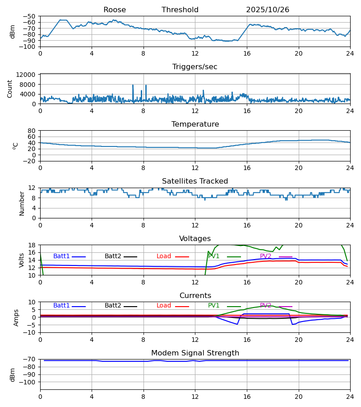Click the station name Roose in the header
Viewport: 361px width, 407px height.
115,10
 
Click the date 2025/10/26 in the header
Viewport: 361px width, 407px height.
268,10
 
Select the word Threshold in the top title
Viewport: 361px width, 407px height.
180,10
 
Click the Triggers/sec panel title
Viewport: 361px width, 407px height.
195,67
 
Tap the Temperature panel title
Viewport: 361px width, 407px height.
195,124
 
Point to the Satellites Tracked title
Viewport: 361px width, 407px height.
195,181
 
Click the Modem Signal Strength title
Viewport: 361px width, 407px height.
195,353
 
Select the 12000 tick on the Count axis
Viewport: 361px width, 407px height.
28,75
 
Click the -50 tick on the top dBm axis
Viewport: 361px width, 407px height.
30,16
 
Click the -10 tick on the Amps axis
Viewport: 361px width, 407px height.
30,332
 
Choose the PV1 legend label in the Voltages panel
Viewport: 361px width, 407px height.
214,256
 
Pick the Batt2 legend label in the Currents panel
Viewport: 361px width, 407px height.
113,306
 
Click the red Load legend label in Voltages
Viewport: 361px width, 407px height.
164,256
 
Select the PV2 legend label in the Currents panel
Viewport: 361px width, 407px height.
266,306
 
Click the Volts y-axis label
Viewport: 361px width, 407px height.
22,260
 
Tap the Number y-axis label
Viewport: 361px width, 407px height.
22,203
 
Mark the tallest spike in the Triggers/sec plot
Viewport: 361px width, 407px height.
146,85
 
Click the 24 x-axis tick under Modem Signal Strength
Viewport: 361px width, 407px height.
350,397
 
